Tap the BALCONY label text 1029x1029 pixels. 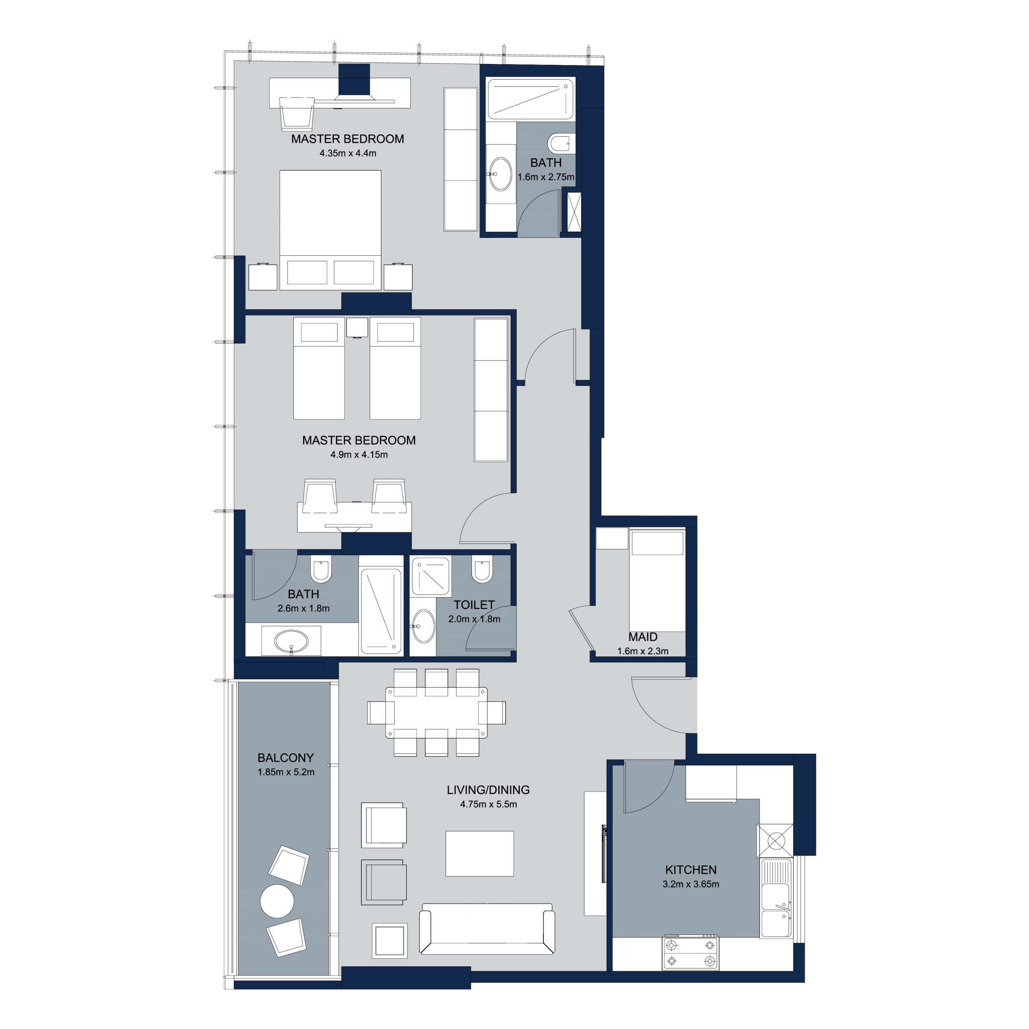[x=285, y=757]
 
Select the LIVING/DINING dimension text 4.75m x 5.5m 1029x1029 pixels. [x=488, y=804]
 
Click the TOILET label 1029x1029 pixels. [x=474, y=605]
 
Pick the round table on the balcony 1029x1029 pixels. [x=277, y=901]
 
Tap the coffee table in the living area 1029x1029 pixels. [x=480, y=853]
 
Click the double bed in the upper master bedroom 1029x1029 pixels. [x=330, y=230]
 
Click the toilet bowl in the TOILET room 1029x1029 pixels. [x=482, y=569]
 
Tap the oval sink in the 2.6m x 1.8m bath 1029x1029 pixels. [x=290, y=640]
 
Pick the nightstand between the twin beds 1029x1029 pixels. [x=357, y=327]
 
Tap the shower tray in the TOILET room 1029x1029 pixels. [x=431, y=576]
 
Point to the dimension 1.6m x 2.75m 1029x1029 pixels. [x=546, y=177]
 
